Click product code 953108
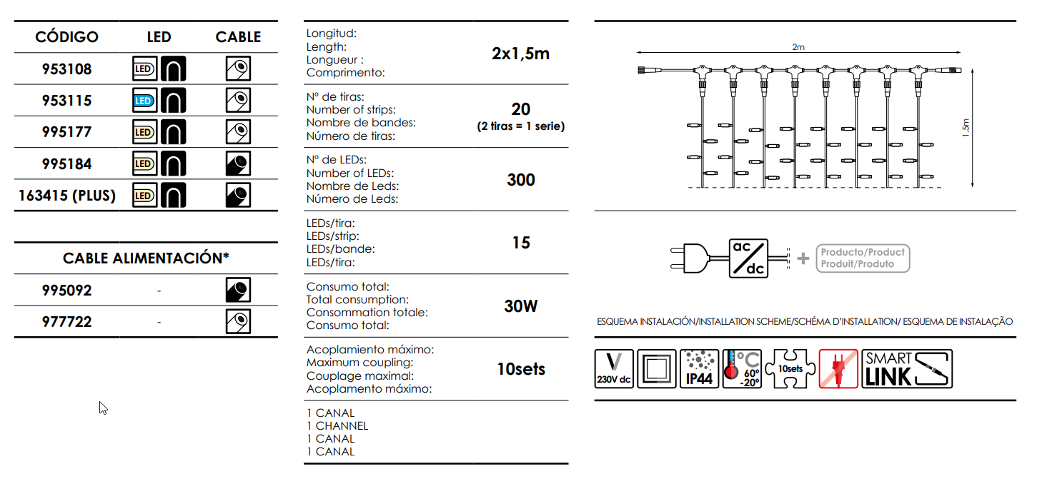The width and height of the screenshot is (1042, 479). [x=66, y=69]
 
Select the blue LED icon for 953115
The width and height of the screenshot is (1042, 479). [x=144, y=101]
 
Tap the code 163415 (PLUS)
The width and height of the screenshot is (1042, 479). [x=66, y=196]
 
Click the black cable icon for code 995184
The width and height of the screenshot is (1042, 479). [x=238, y=163]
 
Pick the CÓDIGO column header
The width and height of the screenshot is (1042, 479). [x=66, y=36]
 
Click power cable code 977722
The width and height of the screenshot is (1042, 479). [x=66, y=322]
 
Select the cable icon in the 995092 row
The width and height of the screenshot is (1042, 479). [x=238, y=290]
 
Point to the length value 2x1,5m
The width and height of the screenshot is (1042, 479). [x=520, y=54]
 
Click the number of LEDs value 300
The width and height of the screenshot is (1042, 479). [x=521, y=180]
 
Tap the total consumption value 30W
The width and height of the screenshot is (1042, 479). [x=521, y=306]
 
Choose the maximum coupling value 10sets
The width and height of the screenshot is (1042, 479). [x=521, y=369]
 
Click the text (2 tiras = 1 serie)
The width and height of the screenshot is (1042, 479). [x=521, y=126]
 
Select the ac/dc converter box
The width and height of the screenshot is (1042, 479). [x=748, y=258]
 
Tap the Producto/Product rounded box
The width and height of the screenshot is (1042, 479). [x=863, y=258]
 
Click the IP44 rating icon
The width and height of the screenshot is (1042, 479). [x=699, y=369]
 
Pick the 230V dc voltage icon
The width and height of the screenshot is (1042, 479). [x=614, y=369]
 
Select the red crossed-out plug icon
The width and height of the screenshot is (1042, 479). [x=839, y=369]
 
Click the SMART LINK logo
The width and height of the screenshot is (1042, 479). [x=907, y=369]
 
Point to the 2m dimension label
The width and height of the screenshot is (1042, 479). [x=798, y=47]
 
